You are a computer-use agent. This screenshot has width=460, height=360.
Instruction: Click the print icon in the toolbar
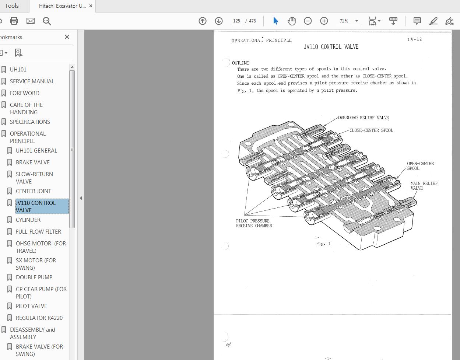pos(14,21)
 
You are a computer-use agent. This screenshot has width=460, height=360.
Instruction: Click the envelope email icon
pos(31,21)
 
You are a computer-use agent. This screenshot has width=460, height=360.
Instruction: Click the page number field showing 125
pos(236,21)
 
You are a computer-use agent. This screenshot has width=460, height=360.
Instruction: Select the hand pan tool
pos(292,21)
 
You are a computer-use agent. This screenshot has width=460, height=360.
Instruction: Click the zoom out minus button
pos(308,21)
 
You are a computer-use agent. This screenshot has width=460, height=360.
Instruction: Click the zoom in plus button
pos(324,21)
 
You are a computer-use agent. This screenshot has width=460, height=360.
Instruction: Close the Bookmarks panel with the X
pos(67,37)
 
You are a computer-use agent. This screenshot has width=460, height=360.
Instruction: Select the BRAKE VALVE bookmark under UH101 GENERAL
pos(33,162)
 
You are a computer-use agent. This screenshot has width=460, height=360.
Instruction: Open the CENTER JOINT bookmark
pos(34,191)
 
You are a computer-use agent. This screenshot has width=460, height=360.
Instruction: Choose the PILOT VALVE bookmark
pos(31,306)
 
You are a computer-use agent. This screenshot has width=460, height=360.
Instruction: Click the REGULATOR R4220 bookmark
pos(39,318)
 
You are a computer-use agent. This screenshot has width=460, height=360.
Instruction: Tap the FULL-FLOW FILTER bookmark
pos(38,231)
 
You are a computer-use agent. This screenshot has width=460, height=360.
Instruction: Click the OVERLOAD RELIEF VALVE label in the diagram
pos(363,118)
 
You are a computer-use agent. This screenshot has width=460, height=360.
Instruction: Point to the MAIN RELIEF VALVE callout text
pos(424,186)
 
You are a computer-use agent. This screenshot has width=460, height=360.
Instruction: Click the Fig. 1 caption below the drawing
pos(323,244)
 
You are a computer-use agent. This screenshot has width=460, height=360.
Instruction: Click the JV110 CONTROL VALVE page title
pos(331,47)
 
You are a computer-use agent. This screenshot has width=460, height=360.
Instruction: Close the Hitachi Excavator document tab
pos(91,6)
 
